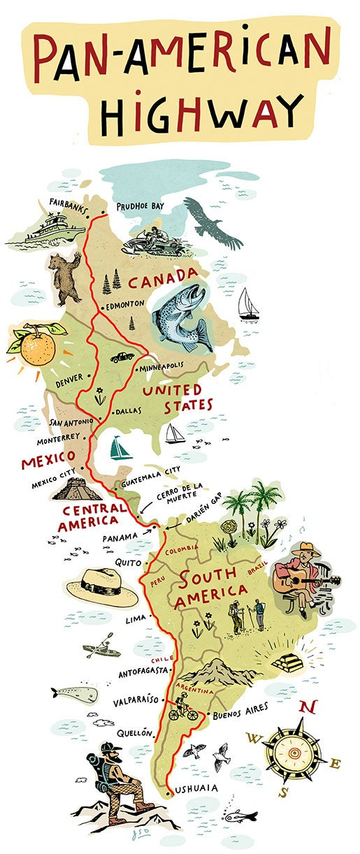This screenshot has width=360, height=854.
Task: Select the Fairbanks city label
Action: [x=73, y=203]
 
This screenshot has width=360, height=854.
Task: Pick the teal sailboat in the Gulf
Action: [x=120, y=448]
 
